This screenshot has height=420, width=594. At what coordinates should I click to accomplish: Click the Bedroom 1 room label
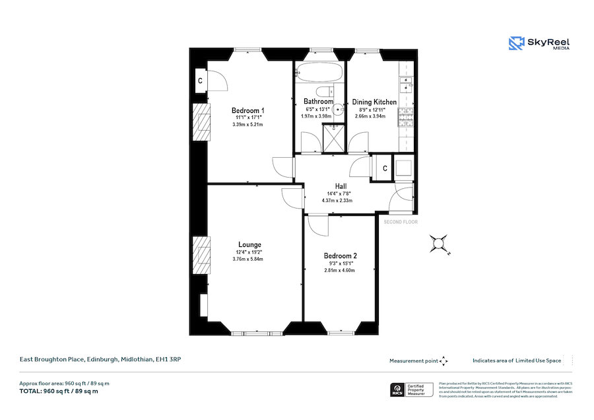[247, 110]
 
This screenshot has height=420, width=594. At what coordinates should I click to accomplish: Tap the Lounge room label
[249, 244]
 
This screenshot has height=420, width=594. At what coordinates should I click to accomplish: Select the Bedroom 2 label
[340, 256]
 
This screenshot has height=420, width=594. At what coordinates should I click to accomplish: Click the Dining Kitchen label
[374, 102]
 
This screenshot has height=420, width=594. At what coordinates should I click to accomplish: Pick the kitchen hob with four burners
[404, 118]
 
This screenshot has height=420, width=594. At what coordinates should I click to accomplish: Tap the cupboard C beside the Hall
[385, 168]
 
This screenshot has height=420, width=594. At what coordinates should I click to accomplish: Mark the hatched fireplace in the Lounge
[200, 253]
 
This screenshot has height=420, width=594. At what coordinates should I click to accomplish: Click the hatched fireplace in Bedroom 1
[200, 122]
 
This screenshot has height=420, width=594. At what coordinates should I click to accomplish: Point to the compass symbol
[438, 244]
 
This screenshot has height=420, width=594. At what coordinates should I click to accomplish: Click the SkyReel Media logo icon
[515, 44]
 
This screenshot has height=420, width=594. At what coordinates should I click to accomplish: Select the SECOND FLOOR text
[401, 222]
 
